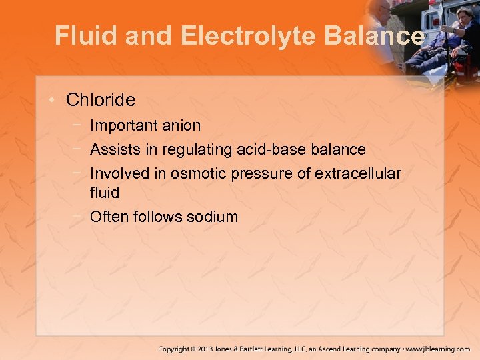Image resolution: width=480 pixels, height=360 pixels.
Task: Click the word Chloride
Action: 101,100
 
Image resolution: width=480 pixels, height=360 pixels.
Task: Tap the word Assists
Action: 113,149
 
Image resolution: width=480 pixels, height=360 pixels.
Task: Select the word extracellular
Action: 357,174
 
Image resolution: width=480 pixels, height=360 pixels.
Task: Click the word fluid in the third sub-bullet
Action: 105,193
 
